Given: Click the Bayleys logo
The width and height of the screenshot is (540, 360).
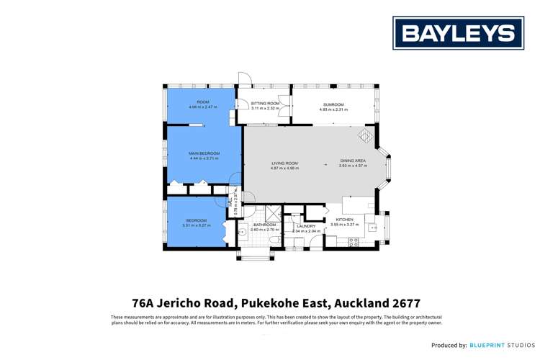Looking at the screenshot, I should (x=458, y=33).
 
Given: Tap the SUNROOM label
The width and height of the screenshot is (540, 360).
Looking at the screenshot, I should (x=333, y=105).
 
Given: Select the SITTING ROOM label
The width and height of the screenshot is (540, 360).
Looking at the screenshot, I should (x=264, y=104).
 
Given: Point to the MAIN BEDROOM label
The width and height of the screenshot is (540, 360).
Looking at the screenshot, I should (x=204, y=153).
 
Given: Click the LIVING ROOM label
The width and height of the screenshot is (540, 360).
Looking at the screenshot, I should (x=284, y=163).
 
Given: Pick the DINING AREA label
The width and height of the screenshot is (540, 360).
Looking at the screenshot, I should (x=353, y=161).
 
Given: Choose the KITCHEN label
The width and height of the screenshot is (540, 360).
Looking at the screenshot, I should (x=343, y=220).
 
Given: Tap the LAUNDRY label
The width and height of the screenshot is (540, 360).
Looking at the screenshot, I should (x=306, y=226).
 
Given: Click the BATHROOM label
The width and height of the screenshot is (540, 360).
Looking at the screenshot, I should (x=264, y=225).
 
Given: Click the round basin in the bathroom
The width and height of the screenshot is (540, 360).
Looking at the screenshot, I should (x=243, y=232).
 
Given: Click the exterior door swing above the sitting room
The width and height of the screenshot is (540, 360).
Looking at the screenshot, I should (x=244, y=79).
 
